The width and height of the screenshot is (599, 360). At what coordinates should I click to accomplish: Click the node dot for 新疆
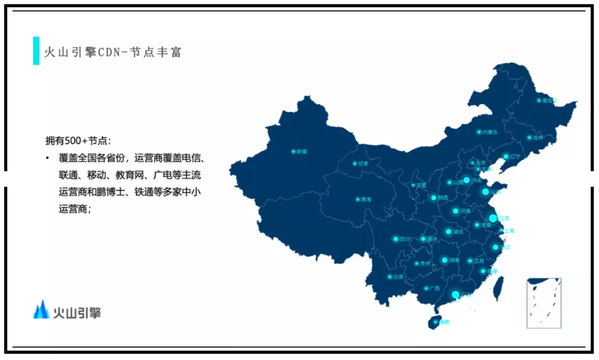pyautogui.click(x=293, y=151)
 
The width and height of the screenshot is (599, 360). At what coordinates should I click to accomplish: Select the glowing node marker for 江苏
pyautogui.click(x=493, y=218)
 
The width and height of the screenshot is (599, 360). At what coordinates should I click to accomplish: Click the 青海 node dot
pyautogui.click(x=357, y=199)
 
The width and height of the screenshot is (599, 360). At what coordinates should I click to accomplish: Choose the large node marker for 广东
pyautogui.click(x=455, y=295)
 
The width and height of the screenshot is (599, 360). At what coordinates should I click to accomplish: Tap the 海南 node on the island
pyautogui.click(x=435, y=321)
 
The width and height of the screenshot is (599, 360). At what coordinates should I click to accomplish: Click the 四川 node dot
pyautogui.click(x=395, y=239)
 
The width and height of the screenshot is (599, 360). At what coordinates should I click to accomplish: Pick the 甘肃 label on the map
pyautogui.click(x=363, y=164)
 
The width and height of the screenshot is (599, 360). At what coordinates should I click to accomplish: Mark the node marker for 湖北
pyautogui.click(x=448, y=232)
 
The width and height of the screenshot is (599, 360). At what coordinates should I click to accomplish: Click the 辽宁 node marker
pyautogui.click(x=505, y=156)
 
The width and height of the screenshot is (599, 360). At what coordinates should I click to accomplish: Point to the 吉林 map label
pyautogui.click(x=538, y=138)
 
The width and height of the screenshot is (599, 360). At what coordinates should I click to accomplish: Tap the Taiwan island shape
pyautogui.click(x=499, y=286)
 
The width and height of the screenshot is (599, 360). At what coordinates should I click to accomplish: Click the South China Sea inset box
pyautogui.click(x=544, y=303)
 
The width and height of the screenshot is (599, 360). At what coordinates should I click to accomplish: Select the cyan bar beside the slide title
pyautogui.click(x=36, y=51)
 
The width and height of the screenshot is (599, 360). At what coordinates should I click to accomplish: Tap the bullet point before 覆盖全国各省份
pyautogui.click(x=48, y=158)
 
